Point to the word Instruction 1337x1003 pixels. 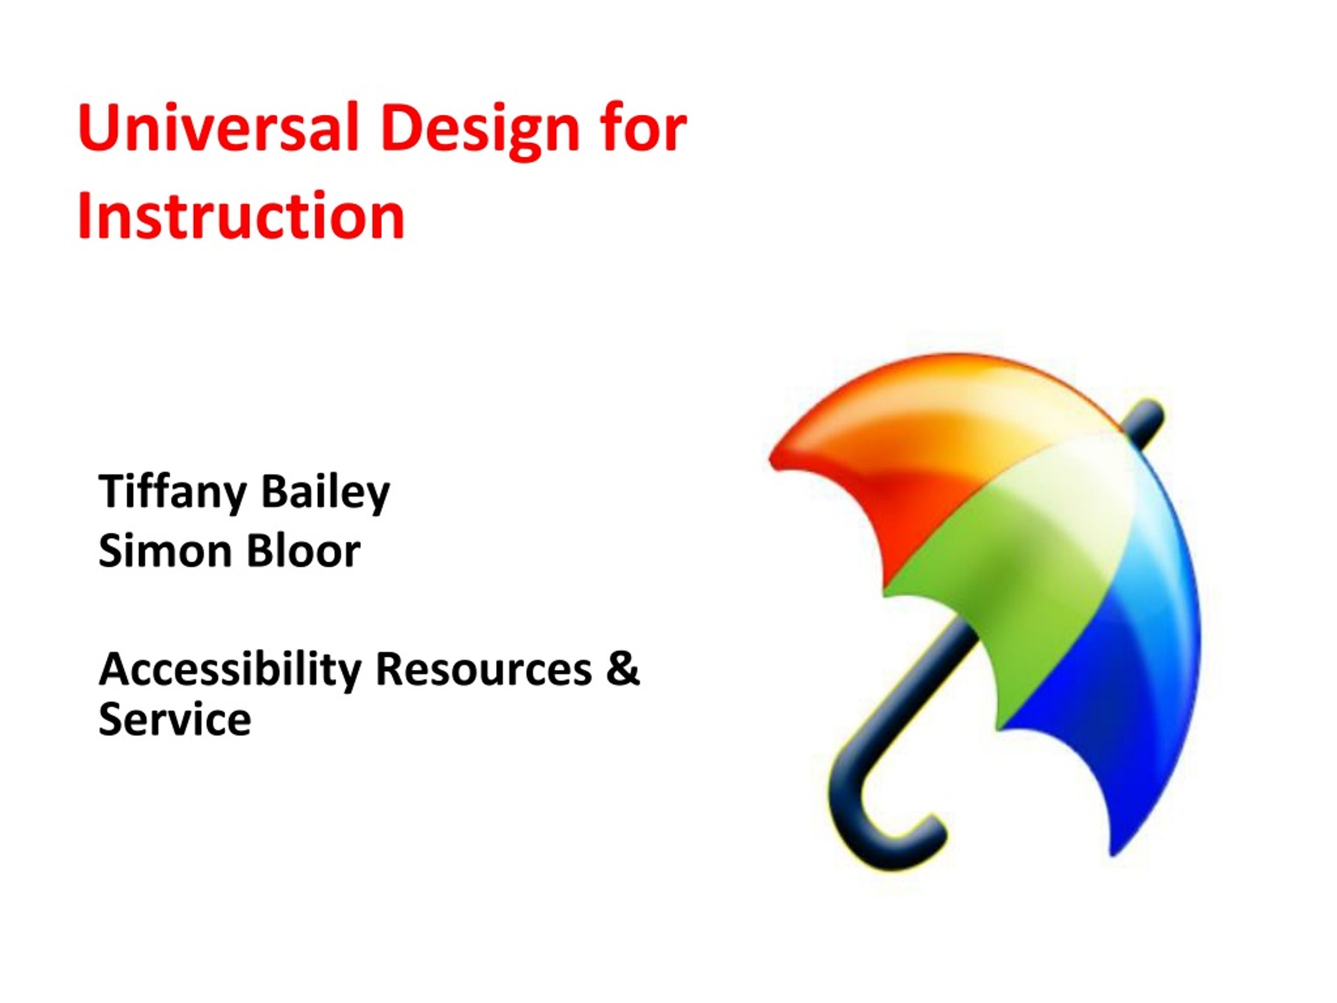pos(241,215)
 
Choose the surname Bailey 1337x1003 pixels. pos(326,493)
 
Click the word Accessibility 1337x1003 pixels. pos(230,671)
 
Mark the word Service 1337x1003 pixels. pos(174,719)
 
